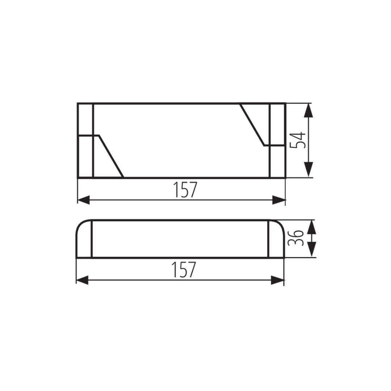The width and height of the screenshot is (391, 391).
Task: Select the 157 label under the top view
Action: pos(185,190)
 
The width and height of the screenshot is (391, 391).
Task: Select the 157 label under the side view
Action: pos(184,269)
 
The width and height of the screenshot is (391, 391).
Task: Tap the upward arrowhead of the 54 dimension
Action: pos(308,110)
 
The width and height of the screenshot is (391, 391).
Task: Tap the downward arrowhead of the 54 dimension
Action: pos(308,169)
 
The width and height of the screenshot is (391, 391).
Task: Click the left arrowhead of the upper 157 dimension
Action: pos(84,200)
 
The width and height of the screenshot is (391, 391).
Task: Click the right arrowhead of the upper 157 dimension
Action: pos(278,200)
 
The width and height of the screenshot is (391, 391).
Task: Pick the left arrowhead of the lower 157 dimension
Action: pos(83,280)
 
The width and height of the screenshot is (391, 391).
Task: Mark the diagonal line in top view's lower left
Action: pos(111,156)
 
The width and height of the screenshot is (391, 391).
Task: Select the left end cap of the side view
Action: pos(84,240)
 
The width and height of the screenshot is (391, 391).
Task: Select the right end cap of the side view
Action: pos(277,240)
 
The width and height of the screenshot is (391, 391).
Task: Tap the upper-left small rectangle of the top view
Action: pos(85,119)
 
